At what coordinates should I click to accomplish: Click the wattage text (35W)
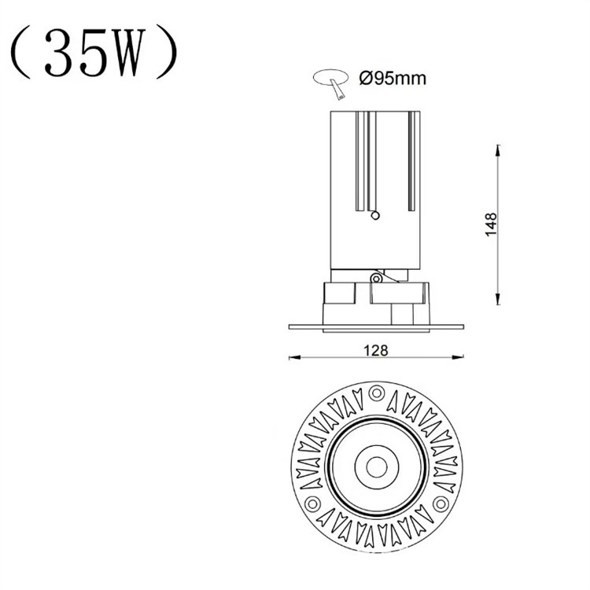pyautogui.click(x=94, y=53)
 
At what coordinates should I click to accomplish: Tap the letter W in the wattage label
pyautogui.click(x=128, y=54)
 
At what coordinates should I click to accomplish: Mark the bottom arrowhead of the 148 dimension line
pyautogui.click(x=497, y=301)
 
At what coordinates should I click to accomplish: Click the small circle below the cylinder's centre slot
pyautogui.click(x=375, y=214)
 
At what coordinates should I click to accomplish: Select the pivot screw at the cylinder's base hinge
pyautogui.click(x=377, y=277)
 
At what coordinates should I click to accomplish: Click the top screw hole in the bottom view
pyautogui.click(x=376, y=392)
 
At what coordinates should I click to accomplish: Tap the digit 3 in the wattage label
pyautogui.click(x=61, y=54)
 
